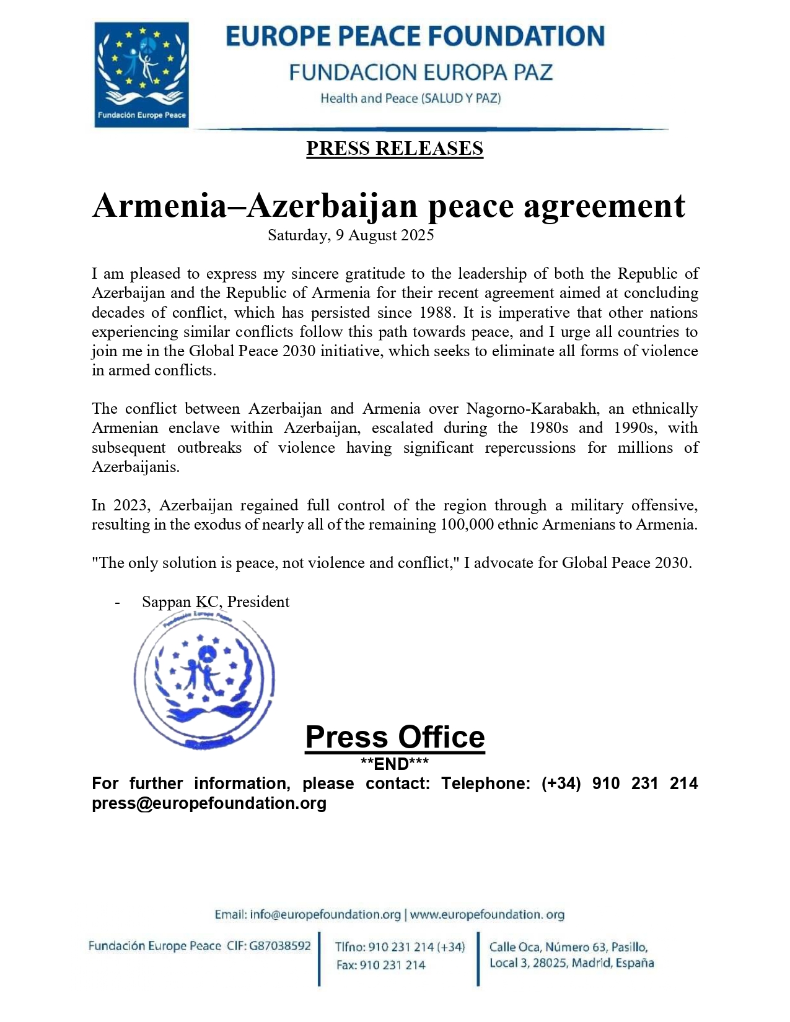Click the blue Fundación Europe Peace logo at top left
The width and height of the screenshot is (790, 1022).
coord(141,74)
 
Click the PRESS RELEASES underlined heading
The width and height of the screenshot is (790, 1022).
coord(395,149)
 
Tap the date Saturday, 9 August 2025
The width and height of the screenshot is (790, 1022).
coord(351,235)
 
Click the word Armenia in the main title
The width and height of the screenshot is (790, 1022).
coord(160,206)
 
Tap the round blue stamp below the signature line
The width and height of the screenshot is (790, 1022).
coord(204,679)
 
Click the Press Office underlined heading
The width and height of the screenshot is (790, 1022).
coord(395,737)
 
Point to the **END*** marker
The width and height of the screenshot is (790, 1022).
coord(395,763)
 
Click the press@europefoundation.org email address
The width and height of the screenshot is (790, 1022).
coord(209,803)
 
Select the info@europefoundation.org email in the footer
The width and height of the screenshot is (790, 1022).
coord(325,915)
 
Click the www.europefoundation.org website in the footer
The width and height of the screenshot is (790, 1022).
coord(487,915)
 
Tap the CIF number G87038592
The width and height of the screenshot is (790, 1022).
coord(280,946)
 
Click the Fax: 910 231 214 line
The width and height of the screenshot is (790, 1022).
coord(381,965)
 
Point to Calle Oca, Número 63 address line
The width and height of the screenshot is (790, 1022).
coord(569,947)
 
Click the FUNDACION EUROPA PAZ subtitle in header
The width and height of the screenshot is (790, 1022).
coord(421,72)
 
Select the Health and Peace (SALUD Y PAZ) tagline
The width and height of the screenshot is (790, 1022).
coord(411,98)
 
